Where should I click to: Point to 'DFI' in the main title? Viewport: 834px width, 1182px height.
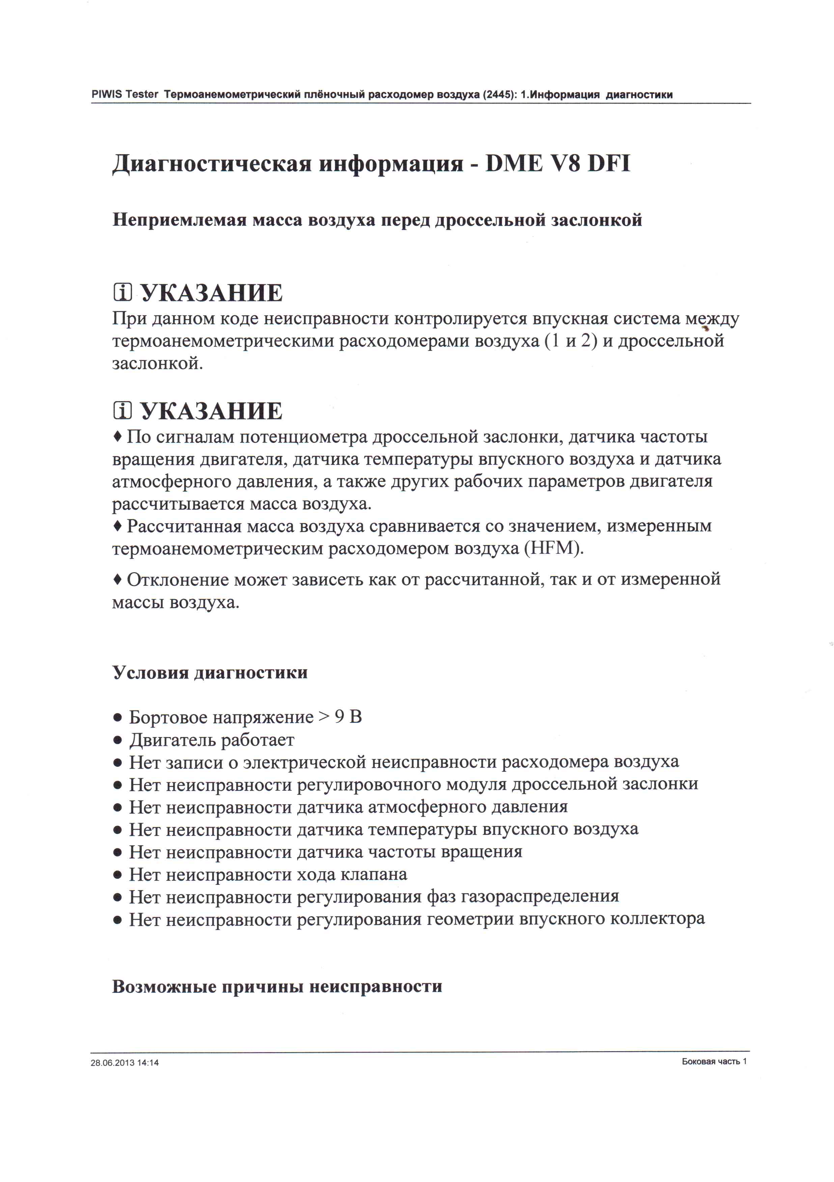tap(609, 164)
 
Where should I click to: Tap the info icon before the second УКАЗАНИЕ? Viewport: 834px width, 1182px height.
tap(122, 411)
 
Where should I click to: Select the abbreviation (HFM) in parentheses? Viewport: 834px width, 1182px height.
tap(553, 548)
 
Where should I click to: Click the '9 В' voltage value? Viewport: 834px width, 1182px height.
tap(348, 717)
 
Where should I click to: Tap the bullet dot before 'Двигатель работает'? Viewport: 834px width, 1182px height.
tap(118, 741)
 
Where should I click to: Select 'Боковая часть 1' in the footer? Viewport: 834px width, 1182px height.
tap(714, 1061)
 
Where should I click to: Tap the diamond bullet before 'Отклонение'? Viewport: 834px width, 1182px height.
tap(117, 580)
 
